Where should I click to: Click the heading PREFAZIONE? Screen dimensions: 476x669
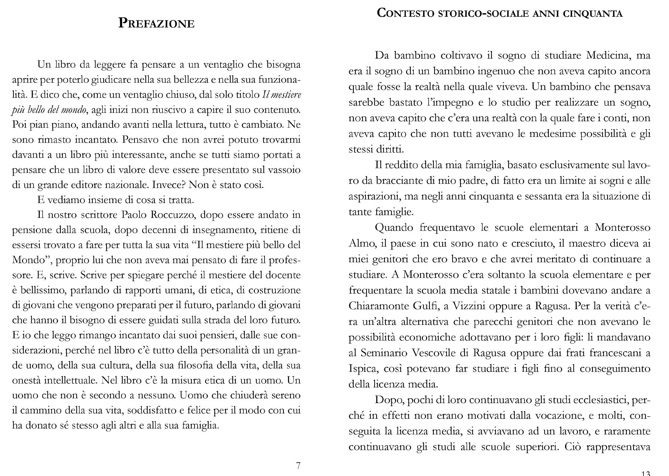coord(156,23)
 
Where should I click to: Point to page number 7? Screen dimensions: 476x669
coord(298,465)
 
